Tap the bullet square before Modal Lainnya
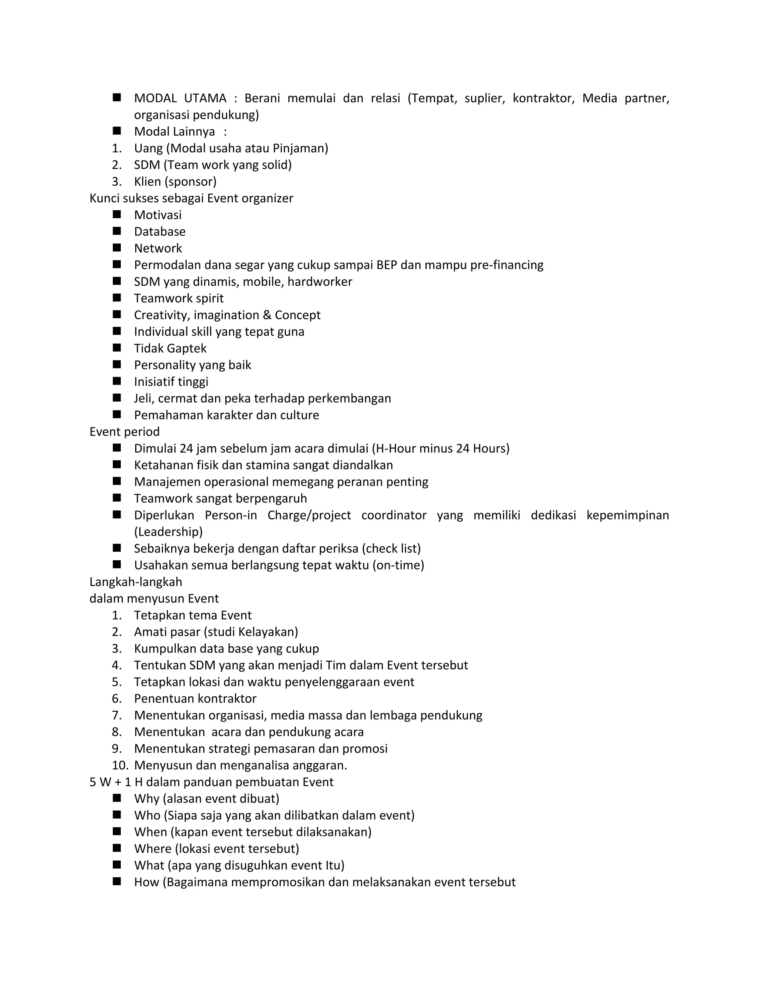point(117,131)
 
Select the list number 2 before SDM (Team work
point(116,165)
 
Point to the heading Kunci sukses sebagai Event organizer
point(191,198)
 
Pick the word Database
point(160,232)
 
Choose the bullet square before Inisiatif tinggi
point(117,381)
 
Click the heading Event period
point(125,432)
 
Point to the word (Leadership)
point(168,532)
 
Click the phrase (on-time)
point(398,565)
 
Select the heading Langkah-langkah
point(136,582)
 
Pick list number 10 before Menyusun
point(120,765)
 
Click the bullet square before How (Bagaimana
point(117,882)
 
